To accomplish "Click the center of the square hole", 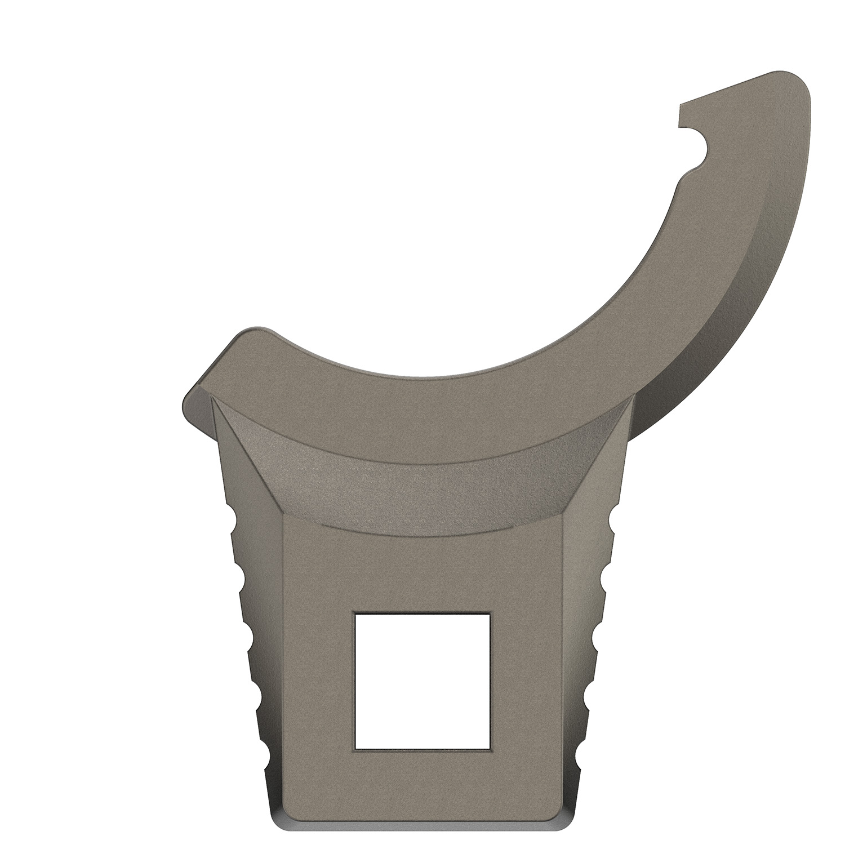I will coord(422,681).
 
